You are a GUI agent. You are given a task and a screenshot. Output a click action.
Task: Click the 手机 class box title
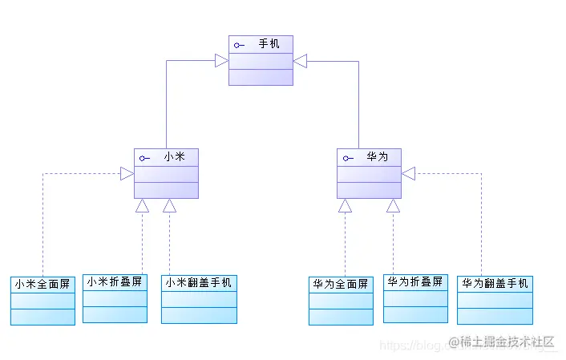(269, 44)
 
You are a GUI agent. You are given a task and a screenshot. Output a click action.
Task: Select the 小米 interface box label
(174, 157)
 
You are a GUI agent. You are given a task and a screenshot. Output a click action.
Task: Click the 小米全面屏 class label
(42, 284)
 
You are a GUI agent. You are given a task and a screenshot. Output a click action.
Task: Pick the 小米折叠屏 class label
(115, 281)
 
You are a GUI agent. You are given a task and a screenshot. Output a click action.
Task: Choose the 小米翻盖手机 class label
(199, 282)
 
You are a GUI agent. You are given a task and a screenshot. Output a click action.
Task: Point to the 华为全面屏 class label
(341, 284)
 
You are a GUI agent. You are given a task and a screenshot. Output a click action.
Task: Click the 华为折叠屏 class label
(415, 281)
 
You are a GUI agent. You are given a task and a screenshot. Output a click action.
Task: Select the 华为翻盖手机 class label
(495, 283)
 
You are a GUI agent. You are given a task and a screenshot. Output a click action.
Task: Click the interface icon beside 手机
(239, 45)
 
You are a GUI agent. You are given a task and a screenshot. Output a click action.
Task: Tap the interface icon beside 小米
(144, 158)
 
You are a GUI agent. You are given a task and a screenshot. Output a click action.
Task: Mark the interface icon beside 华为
(347, 158)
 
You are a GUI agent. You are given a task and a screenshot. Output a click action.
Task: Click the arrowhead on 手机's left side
(221, 60)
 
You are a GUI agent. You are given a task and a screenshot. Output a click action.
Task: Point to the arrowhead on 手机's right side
(301, 60)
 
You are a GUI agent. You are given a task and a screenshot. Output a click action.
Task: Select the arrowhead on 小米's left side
(127, 173)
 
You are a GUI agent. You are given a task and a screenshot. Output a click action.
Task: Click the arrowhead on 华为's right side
(408, 173)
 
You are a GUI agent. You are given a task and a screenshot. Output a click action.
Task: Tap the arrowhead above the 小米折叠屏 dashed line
(142, 205)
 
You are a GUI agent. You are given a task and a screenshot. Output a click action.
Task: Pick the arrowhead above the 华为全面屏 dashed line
(345, 205)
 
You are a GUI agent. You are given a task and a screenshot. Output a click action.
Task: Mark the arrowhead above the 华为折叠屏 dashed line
(393, 205)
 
